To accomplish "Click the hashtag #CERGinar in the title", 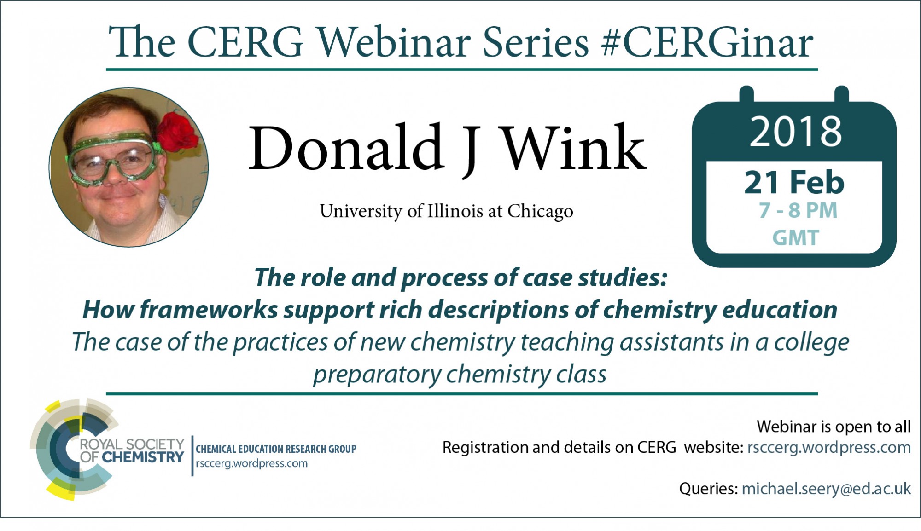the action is pyautogui.click(x=707, y=42).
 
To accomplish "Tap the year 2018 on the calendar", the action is pyautogui.click(x=796, y=132).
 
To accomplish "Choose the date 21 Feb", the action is pyautogui.click(x=794, y=183).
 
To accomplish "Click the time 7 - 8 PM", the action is pyautogui.click(x=798, y=210).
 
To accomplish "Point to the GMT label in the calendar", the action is pyautogui.click(x=796, y=238).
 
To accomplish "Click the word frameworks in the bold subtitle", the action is pyautogui.click(x=209, y=309).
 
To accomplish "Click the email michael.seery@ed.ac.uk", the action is pyautogui.click(x=826, y=489).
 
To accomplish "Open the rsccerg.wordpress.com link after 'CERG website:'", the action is pyautogui.click(x=829, y=448).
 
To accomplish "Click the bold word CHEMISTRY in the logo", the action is pyautogui.click(x=143, y=457).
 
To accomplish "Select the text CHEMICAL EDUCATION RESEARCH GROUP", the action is pyautogui.click(x=276, y=449).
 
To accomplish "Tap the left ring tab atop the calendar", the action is pyautogui.click(x=746, y=94).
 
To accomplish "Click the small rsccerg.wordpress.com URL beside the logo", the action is pyautogui.click(x=251, y=464).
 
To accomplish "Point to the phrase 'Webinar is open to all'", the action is pyautogui.click(x=834, y=427).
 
